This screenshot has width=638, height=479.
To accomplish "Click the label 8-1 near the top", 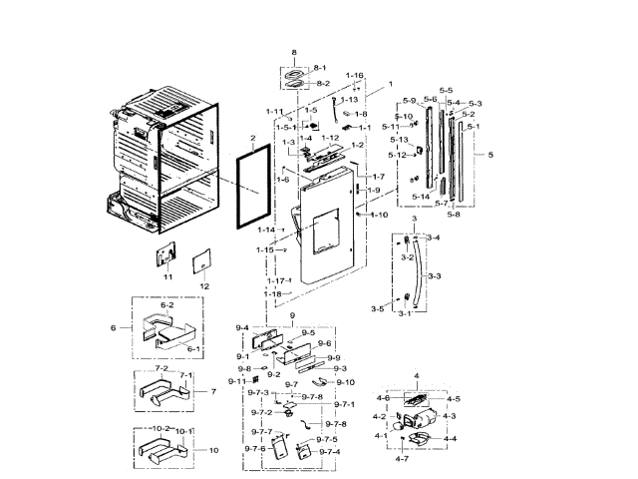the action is (320, 67).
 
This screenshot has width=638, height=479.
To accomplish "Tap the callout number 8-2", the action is (322, 84).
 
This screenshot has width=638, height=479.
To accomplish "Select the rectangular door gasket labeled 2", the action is (251, 186).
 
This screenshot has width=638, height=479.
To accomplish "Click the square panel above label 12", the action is (203, 259).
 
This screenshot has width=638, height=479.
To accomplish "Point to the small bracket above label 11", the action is (165, 255).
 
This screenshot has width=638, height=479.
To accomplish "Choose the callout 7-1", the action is (185, 375).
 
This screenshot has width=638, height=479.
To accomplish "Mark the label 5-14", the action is (420, 198).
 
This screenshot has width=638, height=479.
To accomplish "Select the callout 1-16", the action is (354, 76).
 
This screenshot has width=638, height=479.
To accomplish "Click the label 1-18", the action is (273, 294).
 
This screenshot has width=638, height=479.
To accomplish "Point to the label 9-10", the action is (345, 382).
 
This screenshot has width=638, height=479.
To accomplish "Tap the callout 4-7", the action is (401, 457).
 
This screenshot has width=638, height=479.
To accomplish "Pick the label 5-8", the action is (454, 214).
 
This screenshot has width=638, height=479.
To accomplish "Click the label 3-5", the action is (376, 309).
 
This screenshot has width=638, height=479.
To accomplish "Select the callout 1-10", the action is (378, 216).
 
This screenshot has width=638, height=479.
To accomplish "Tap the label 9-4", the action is (241, 328).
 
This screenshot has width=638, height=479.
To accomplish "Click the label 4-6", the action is (383, 398).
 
